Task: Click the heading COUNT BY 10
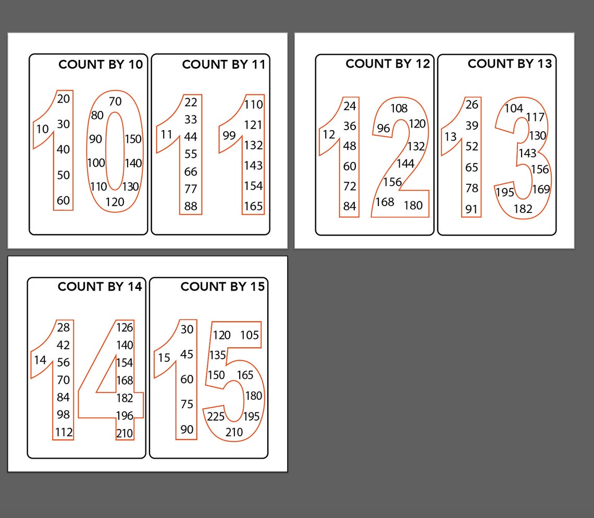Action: (101, 65)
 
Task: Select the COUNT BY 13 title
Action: (510, 64)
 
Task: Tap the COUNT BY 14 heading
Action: (100, 287)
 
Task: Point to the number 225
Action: (216, 416)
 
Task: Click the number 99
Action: (229, 135)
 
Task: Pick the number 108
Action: (399, 108)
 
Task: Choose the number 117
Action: (535, 117)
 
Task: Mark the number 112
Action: (64, 432)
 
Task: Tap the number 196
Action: (125, 415)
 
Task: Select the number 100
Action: (96, 163)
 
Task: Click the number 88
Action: (191, 206)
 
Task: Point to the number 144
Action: (405, 163)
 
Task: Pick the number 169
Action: (541, 189)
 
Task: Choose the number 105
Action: (249, 335)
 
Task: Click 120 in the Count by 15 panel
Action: (222, 335)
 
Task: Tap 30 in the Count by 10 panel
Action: (63, 124)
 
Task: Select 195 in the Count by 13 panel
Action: (505, 192)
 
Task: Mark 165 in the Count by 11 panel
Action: (253, 206)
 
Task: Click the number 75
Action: (187, 404)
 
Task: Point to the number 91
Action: (472, 209)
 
